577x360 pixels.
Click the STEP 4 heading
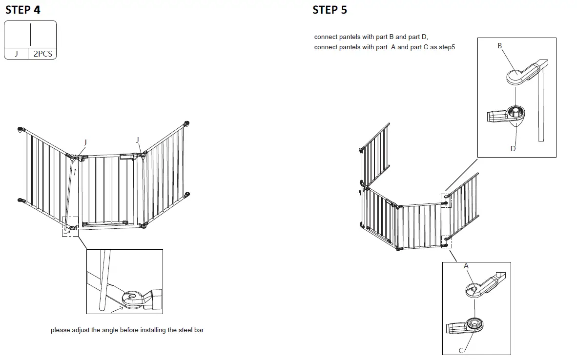pos(23,10)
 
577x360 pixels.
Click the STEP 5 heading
pos(330,10)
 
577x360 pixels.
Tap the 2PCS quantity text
pos(42,54)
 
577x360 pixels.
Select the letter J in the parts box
pos(16,54)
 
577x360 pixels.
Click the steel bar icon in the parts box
pos(31,34)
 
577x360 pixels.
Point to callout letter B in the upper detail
pos(499,45)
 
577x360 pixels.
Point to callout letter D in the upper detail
pos(513,148)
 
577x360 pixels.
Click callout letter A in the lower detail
pos(466,266)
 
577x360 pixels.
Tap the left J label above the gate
pos(85,142)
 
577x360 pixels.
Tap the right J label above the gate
pos(138,140)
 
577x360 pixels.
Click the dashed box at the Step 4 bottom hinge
pos(70,227)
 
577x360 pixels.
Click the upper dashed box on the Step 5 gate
pos(446,200)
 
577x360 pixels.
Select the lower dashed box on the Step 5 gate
pos(446,241)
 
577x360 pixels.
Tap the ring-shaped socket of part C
pos(474,323)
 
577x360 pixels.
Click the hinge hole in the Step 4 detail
pos(131,296)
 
